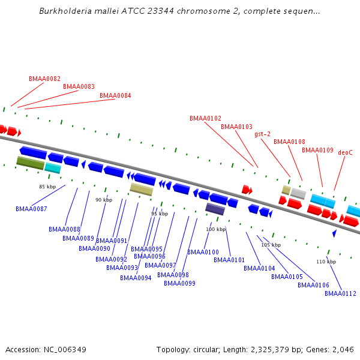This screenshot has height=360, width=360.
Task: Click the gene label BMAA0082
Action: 44,79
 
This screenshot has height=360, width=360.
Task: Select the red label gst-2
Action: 262,134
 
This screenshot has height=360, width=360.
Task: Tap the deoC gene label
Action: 345,152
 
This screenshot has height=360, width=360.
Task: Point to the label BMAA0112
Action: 340,293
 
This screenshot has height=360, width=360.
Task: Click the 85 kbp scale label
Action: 47,187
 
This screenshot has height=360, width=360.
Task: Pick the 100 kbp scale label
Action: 215,229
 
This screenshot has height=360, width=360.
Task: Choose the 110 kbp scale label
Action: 326,262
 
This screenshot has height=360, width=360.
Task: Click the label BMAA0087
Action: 31,209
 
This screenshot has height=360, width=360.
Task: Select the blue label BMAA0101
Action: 229,260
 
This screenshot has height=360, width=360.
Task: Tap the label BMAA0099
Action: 179,283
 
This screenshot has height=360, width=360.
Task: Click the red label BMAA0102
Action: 205,118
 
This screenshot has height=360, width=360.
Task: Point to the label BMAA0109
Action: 317,150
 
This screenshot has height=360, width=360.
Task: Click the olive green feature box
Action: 31,163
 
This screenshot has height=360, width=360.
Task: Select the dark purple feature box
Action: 215,209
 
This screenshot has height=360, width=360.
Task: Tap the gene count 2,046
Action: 342,349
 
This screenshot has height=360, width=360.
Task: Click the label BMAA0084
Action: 115,95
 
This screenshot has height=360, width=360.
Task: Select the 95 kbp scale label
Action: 160,214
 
